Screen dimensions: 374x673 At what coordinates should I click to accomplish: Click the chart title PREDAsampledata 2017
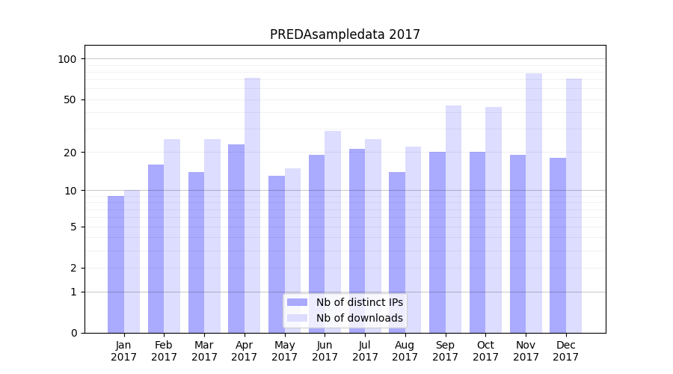tap(345, 34)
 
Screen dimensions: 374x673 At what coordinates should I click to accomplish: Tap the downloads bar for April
tap(253, 205)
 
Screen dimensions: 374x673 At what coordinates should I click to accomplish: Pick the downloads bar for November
tap(534, 203)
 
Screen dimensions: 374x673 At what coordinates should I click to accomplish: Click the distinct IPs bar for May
tap(277, 254)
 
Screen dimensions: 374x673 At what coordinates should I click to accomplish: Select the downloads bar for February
tap(172, 236)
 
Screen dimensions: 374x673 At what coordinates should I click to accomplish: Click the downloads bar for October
tap(494, 220)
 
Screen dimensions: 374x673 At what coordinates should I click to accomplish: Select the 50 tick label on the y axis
tap(70, 99)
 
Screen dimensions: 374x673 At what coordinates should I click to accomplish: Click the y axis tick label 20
tap(70, 153)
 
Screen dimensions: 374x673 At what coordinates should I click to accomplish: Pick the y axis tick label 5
tap(73, 227)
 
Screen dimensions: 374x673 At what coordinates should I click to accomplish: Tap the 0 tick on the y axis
tap(73, 333)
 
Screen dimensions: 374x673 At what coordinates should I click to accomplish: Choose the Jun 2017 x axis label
tap(325, 351)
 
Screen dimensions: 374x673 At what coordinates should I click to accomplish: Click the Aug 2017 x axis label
tap(405, 351)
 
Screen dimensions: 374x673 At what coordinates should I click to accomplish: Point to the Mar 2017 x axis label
tap(204, 351)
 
